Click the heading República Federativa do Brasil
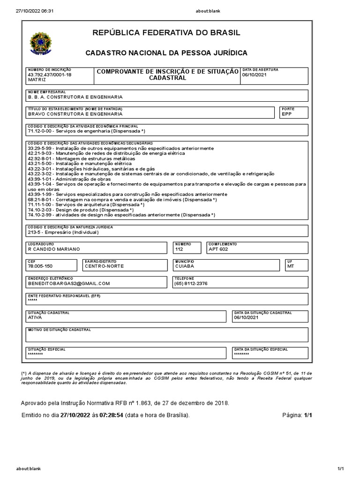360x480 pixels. (166, 32)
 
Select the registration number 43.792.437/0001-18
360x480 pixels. (50, 75)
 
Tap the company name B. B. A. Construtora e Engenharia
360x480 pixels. (75, 97)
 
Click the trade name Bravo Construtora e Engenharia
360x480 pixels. (75, 114)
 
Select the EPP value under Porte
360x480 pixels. (286, 114)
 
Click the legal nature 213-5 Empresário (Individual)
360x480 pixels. (64, 232)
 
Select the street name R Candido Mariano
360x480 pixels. (54, 249)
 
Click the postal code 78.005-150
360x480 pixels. (41, 266)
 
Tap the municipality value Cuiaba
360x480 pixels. (184, 266)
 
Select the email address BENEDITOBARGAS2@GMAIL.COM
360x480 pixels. (68, 283)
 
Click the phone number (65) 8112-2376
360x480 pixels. (191, 283)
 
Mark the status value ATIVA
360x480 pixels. (35, 317)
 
